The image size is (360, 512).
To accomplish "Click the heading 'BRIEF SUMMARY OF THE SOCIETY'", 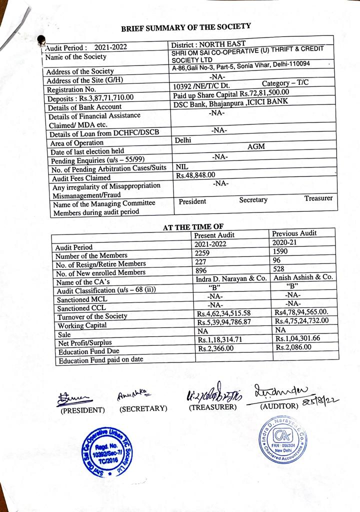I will tap(185, 26).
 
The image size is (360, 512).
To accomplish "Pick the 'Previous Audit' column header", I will tap(294, 233).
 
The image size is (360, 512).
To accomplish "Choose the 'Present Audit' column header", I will tap(214, 235).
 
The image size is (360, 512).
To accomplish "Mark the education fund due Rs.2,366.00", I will tap(216, 348).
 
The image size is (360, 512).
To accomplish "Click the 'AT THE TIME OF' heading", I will tap(193, 227).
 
